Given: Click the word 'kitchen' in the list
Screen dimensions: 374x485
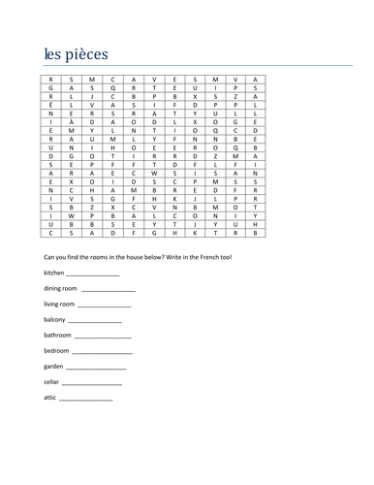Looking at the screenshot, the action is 55,274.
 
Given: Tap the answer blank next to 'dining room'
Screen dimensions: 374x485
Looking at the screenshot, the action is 109,290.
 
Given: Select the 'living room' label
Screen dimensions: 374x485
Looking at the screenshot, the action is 61,305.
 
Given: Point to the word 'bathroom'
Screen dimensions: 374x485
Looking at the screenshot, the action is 58,335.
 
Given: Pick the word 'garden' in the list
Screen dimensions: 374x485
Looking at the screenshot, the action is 55,367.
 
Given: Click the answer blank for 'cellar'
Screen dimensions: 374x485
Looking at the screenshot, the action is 91,383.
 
